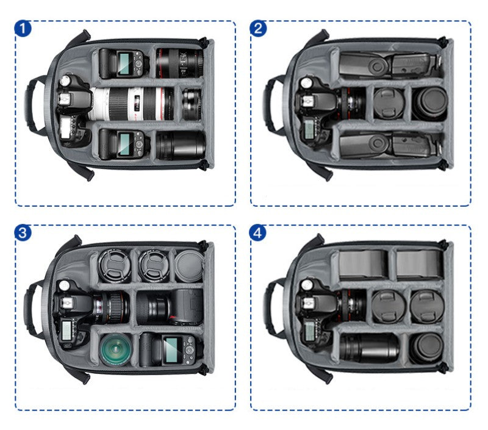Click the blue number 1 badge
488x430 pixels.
click(x=23, y=28)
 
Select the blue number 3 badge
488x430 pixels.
click(x=23, y=233)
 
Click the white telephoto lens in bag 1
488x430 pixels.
click(x=131, y=103)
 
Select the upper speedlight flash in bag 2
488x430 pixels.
click(x=384, y=65)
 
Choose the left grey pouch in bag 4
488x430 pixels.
click(x=363, y=263)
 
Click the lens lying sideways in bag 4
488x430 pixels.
click(x=369, y=348)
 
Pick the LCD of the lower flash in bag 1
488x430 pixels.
click(x=124, y=144)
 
